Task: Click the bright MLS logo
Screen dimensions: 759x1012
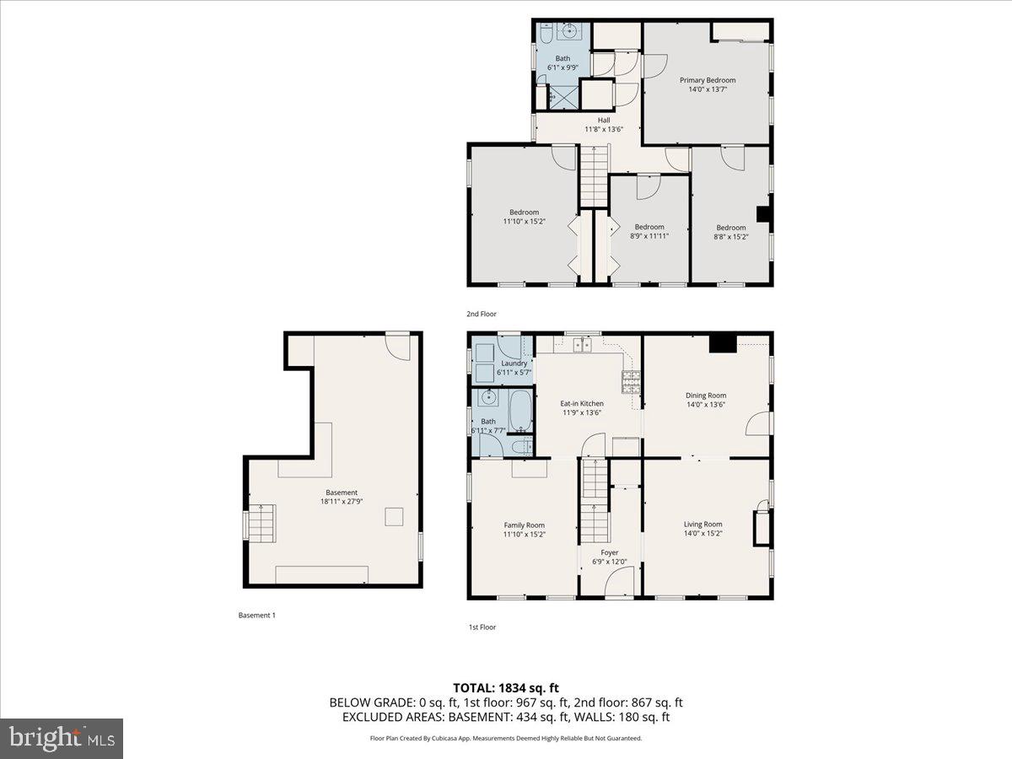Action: (x=62, y=738)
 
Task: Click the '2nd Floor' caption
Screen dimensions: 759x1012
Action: (x=482, y=314)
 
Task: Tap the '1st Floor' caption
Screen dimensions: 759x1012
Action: (x=482, y=627)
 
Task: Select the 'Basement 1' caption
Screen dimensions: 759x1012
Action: (x=256, y=616)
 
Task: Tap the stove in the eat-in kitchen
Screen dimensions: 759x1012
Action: (x=631, y=384)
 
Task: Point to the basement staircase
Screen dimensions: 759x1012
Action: (x=261, y=524)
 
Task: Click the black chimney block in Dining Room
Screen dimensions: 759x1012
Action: (x=722, y=342)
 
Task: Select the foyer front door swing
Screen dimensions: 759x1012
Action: (x=621, y=582)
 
